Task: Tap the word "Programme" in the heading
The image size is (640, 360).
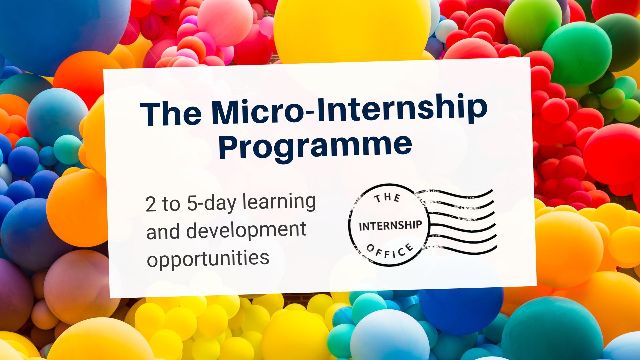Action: coord(315,145)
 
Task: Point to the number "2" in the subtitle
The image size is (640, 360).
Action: coord(151,204)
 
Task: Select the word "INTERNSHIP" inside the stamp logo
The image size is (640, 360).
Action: coord(390,226)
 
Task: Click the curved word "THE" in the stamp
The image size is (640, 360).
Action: coord(387,198)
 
